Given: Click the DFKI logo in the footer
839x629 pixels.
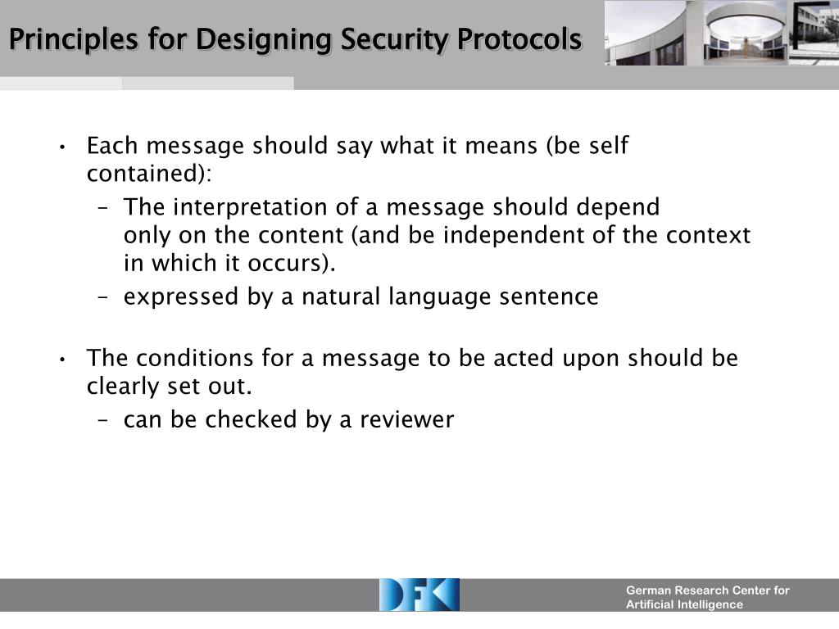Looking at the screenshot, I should [x=419, y=595].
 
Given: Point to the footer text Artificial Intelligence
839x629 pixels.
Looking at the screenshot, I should [x=684, y=605].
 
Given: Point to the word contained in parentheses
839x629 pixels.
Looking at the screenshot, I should [x=146, y=175].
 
